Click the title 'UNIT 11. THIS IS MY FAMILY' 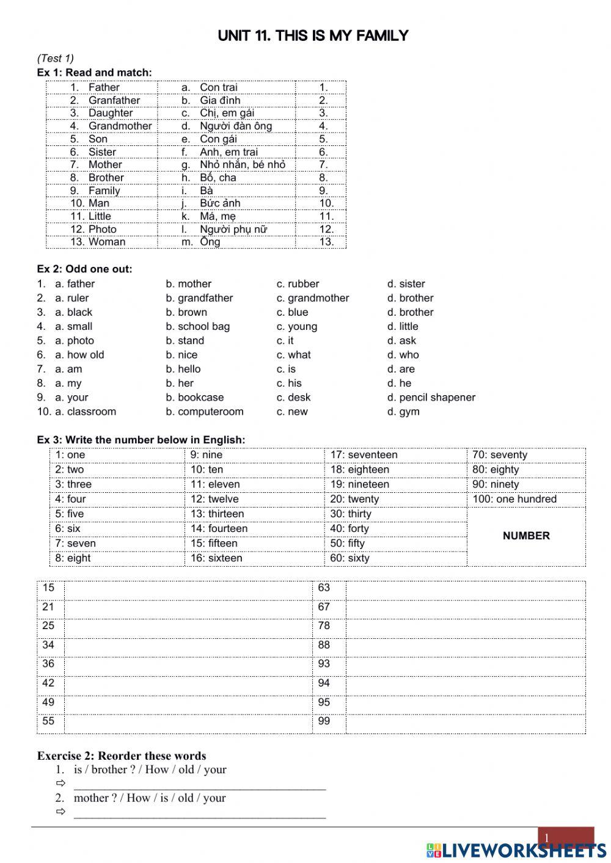[312, 36]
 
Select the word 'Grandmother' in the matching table [120, 126]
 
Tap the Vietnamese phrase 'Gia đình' [220, 100]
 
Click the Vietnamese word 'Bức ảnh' [220, 203]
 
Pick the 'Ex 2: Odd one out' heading [84, 269]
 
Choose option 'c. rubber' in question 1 [298, 284]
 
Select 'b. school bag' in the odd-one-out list [197, 326]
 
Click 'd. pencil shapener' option [431, 398]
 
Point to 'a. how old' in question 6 [79, 355]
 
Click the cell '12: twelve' [214, 499]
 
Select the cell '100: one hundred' [514, 499]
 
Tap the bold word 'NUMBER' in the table [526, 536]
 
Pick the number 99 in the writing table [324, 721]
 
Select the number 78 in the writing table [324, 626]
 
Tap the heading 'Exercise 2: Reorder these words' [122, 756]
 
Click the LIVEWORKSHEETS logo [516, 850]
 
